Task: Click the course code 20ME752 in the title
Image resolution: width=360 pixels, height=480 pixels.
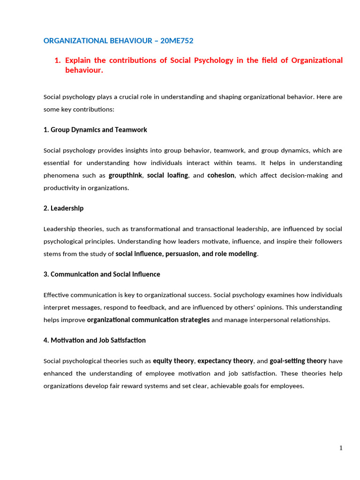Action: click(177, 41)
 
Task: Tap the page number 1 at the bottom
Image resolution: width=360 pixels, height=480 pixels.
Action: click(341, 448)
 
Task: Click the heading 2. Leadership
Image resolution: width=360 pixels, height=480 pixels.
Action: click(63, 208)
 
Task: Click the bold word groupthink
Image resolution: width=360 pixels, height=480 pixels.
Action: click(126, 175)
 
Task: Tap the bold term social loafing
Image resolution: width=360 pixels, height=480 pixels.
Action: click(167, 175)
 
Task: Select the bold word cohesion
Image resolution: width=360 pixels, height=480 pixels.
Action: click(221, 175)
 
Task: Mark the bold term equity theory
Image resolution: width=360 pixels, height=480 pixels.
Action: click(173, 361)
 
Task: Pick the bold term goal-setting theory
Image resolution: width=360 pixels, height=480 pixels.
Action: click(298, 361)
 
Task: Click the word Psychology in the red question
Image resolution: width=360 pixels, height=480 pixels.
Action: click(209, 60)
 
